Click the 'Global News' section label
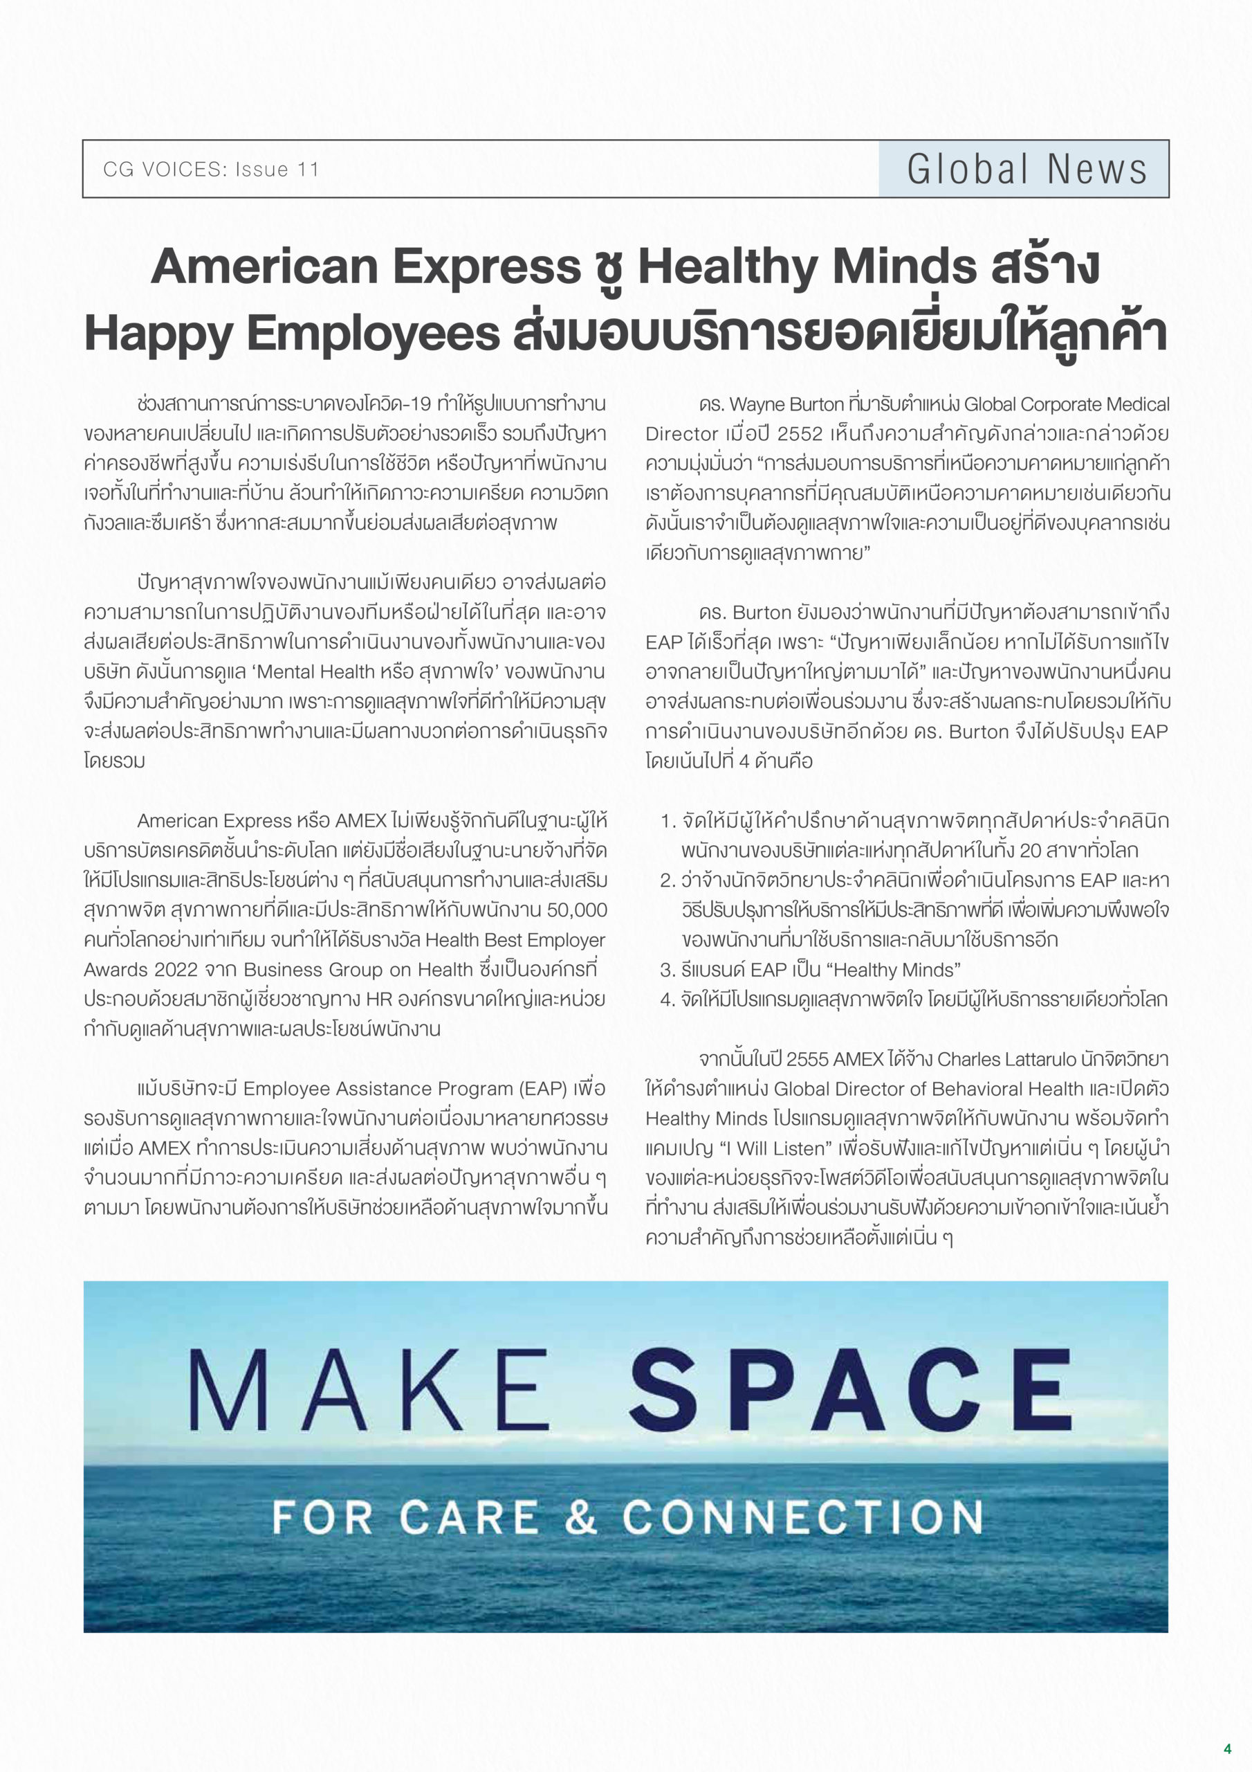coord(1026,170)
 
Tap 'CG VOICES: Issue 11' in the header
coord(210,170)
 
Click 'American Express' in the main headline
coord(366,267)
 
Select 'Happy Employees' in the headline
coord(293,334)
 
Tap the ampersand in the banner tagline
coord(580,1517)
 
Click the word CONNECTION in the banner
coord(802,1517)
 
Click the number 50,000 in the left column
coord(576,910)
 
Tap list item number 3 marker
coord(668,970)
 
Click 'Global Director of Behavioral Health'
coord(929,1089)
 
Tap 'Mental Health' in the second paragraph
coord(315,671)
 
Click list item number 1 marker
coord(668,821)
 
